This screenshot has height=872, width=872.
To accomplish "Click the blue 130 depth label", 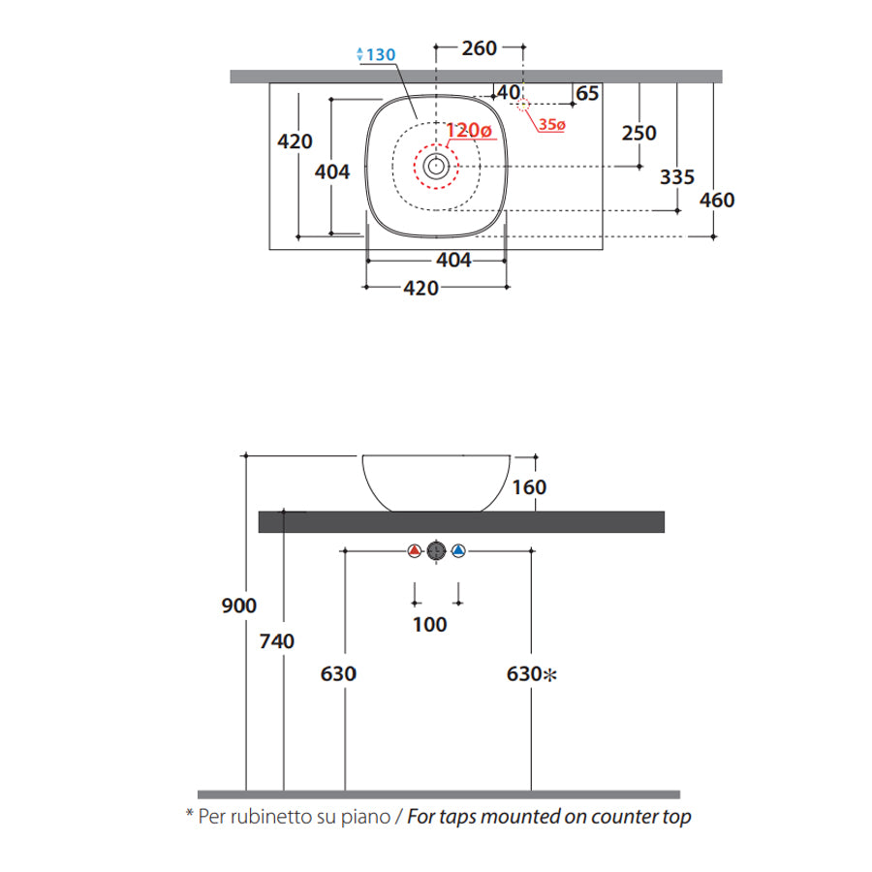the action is point(377,54).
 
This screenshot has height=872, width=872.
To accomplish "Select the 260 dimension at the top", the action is point(479,48).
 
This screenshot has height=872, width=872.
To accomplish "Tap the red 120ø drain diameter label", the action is point(469,130).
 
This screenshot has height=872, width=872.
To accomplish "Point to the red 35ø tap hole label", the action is point(551,125).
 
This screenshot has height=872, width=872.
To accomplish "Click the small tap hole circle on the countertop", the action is point(523,104).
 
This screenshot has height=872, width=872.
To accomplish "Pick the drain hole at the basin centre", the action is point(436,166).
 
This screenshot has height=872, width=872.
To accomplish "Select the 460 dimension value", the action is point(717,201).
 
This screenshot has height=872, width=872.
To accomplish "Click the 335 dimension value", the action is point(677,177).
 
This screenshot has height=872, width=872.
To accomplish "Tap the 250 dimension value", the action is point(639,134).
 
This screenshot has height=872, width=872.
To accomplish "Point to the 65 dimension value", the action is point(587,93).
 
